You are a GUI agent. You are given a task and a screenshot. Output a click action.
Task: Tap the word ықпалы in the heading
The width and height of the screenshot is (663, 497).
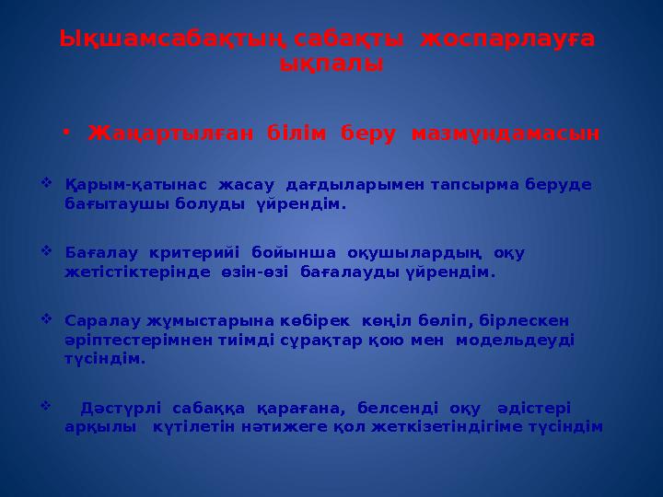(331, 64)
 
